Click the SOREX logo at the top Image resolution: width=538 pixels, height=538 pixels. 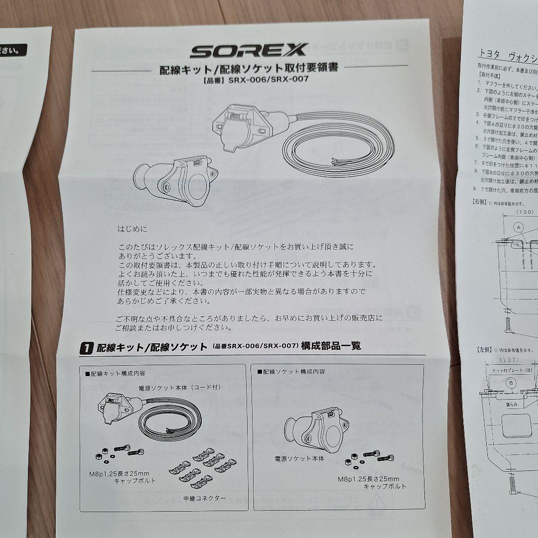point(249,50)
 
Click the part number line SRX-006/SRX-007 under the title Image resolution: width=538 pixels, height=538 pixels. point(249,83)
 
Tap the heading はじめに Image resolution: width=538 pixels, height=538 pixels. point(133,230)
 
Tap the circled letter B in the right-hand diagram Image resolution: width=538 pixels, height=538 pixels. point(511,383)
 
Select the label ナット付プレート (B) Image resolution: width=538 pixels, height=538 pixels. point(512,371)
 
